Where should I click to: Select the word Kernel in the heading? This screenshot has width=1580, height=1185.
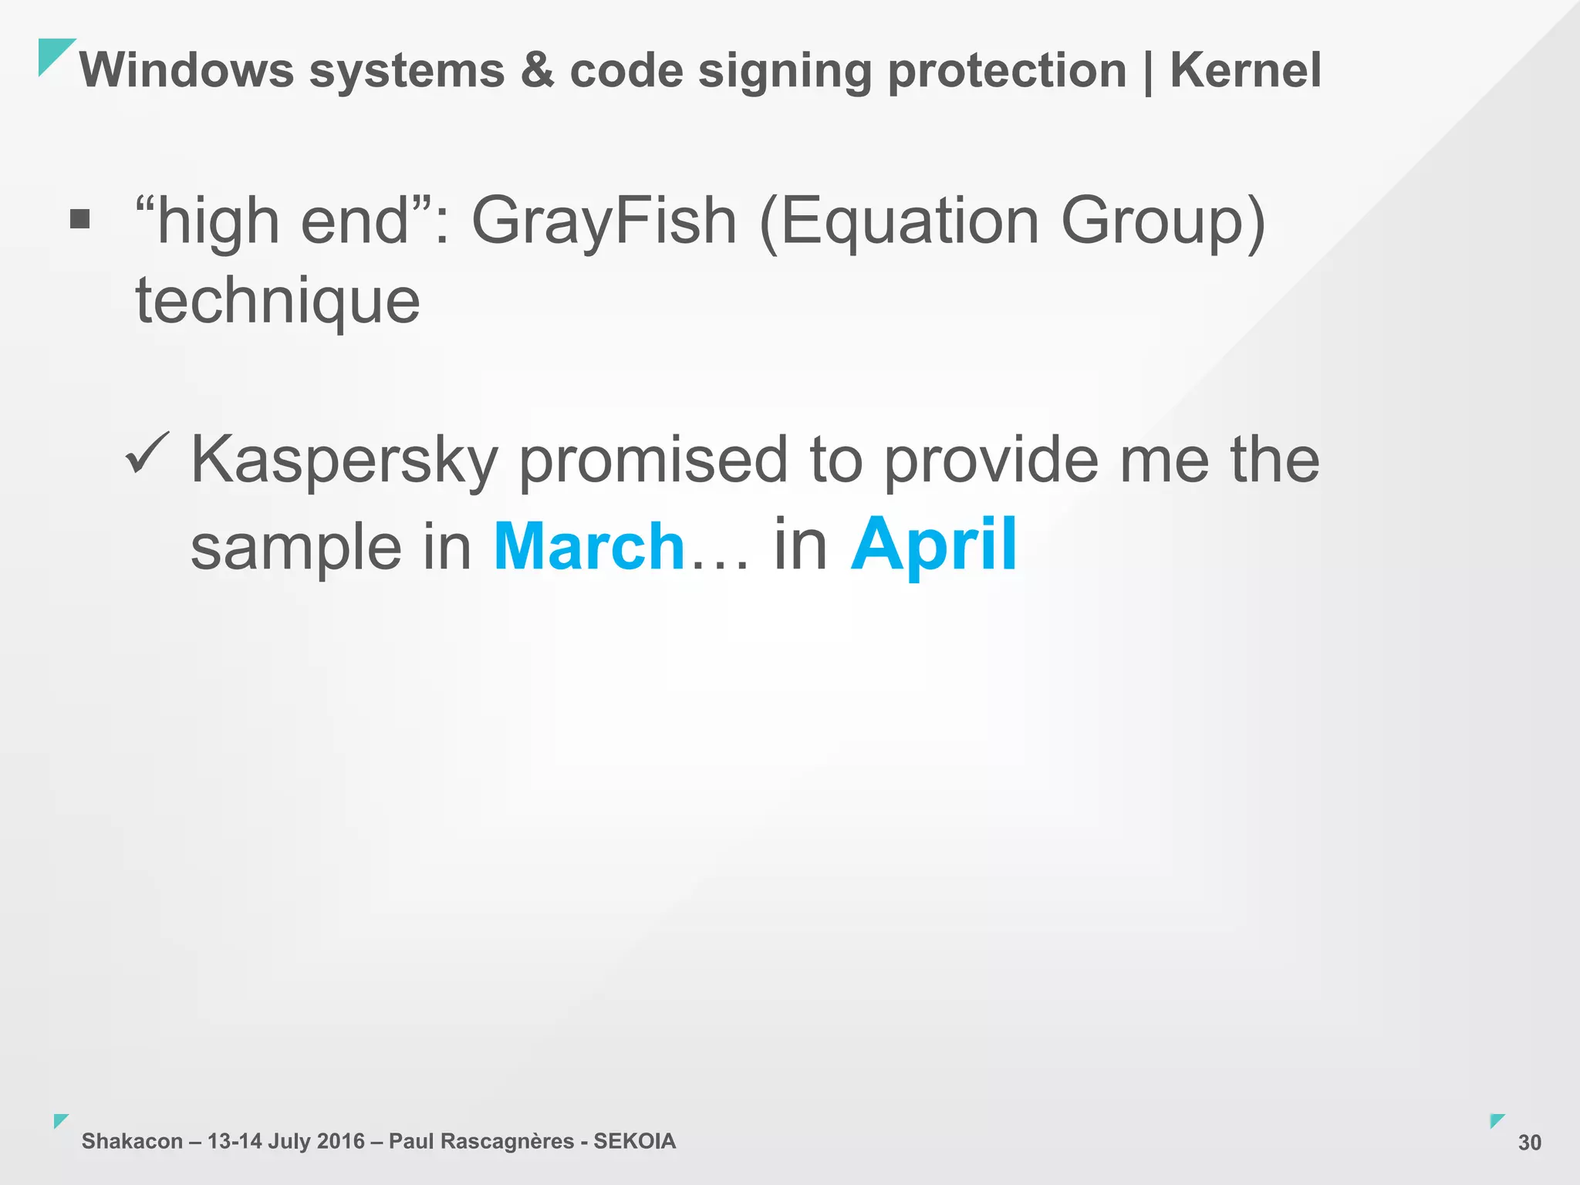(x=1245, y=70)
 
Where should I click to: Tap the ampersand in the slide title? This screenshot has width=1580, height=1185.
(x=537, y=70)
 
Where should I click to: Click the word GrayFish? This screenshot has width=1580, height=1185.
(x=604, y=221)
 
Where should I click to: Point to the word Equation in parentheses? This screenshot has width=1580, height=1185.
(x=910, y=222)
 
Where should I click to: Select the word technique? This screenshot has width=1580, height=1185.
(x=278, y=301)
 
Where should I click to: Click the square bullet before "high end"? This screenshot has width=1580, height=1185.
(x=79, y=220)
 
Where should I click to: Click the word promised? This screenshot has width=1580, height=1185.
(x=653, y=461)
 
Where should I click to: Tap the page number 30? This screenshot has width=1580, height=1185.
(x=1529, y=1143)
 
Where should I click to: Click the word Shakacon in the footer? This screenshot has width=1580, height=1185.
(x=132, y=1141)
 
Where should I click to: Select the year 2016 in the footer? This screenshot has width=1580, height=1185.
(x=340, y=1141)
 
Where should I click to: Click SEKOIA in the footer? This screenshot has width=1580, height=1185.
(x=634, y=1141)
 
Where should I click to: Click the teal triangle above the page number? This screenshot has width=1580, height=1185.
(x=1496, y=1120)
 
